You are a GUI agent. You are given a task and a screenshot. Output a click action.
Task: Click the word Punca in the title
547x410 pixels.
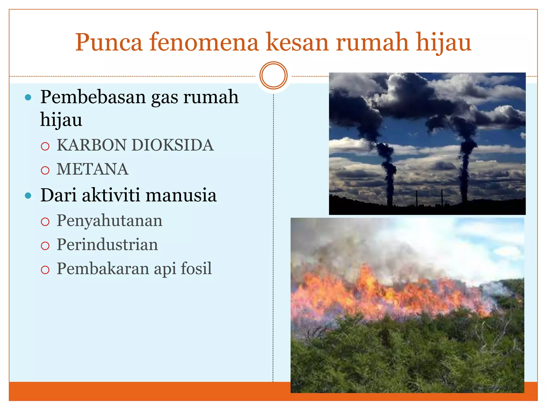(108, 43)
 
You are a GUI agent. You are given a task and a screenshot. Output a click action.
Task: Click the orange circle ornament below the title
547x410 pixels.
(273, 76)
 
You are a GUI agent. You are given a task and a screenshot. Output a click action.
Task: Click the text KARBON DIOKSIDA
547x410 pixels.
(135, 145)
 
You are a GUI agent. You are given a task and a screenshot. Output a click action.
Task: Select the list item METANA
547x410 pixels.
(92, 169)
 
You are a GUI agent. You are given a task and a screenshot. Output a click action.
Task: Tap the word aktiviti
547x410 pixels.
(111, 195)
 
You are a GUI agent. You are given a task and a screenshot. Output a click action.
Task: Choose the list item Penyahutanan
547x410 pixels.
(110, 221)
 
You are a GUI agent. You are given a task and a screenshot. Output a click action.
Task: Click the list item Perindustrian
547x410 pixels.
(107, 245)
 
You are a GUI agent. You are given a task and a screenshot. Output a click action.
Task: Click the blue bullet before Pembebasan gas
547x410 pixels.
(28, 97)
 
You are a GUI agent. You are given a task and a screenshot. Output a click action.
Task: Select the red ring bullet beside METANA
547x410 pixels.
(45, 170)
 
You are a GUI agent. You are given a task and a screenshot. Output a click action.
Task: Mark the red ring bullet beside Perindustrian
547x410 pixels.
(45, 246)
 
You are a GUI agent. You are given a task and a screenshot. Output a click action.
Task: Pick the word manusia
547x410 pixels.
(181, 195)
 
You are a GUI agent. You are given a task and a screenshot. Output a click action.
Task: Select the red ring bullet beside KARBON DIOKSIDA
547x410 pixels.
(45, 146)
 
